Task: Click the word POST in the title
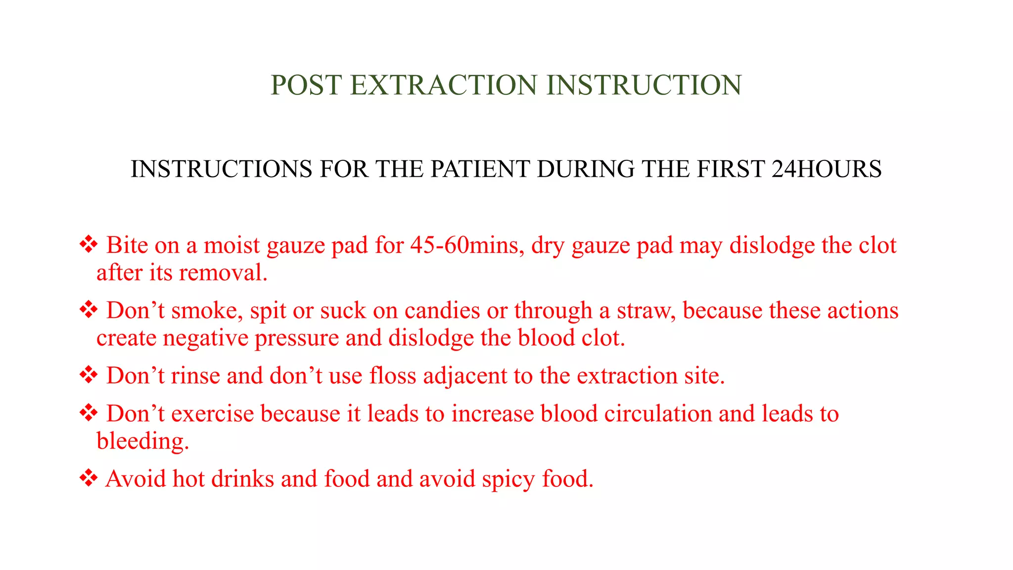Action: (x=306, y=85)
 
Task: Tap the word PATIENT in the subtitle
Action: (x=480, y=169)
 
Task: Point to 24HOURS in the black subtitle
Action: (x=826, y=169)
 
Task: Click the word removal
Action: (x=224, y=273)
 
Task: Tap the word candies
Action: (x=442, y=311)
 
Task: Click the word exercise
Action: (x=213, y=414)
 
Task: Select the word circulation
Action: (x=658, y=414)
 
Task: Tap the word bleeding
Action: (x=142, y=441)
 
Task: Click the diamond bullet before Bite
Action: (x=89, y=244)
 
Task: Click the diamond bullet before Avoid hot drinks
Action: (x=89, y=478)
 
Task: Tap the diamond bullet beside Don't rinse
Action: (x=89, y=375)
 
